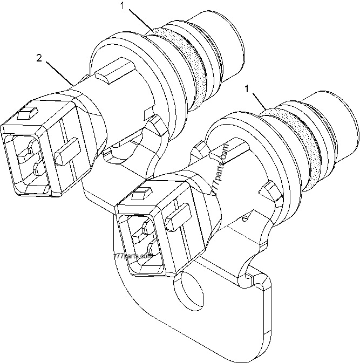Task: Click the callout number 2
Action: coord(39,58)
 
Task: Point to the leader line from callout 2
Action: coord(59,72)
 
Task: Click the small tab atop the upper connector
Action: coord(25,114)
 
